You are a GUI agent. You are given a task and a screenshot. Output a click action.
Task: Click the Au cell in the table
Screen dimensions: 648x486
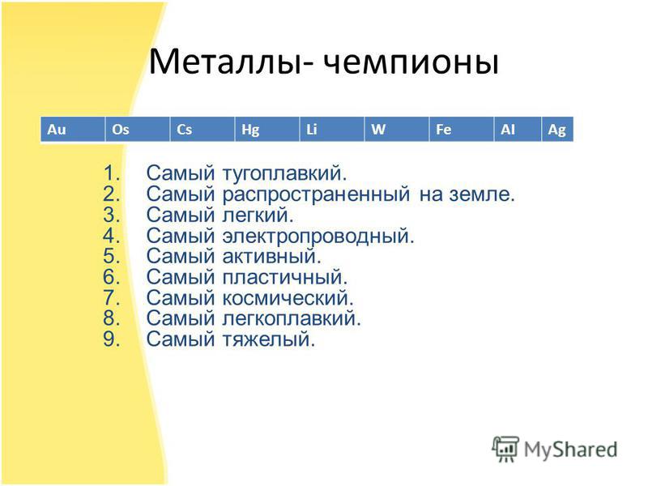[x=73, y=130]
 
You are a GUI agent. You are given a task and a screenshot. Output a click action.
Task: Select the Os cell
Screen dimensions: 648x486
[x=138, y=130]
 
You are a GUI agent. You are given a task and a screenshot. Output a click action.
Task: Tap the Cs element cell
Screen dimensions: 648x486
[x=202, y=130]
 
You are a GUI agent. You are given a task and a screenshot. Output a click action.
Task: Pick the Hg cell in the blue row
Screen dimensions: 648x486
[x=267, y=130]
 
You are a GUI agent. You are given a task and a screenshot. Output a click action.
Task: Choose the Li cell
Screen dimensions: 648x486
[x=332, y=130]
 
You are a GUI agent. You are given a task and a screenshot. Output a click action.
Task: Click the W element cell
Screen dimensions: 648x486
[x=397, y=130]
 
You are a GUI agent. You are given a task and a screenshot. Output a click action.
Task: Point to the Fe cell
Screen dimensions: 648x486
[x=462, y=130]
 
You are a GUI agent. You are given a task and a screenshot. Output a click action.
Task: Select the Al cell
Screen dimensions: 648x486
[x=518, y=130]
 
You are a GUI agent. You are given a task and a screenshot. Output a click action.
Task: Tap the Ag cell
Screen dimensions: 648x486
[x=557, y=130]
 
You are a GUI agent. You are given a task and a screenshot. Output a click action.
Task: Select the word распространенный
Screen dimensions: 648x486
[x=316, y=194]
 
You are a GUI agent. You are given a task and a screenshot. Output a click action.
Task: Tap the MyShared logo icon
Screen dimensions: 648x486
[x=505, y=449]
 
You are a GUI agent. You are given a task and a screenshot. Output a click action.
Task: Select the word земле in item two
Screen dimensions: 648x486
[x=482, y=194]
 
